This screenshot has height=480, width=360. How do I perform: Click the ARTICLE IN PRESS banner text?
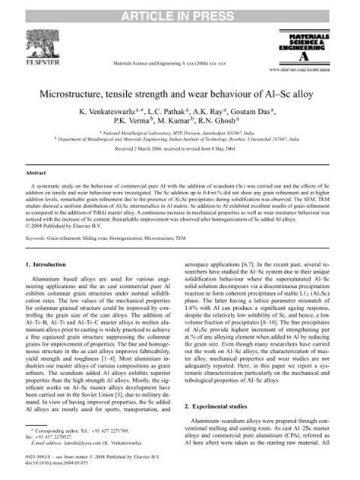coord(180,9)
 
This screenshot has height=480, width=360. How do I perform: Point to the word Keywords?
coord(39,237)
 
